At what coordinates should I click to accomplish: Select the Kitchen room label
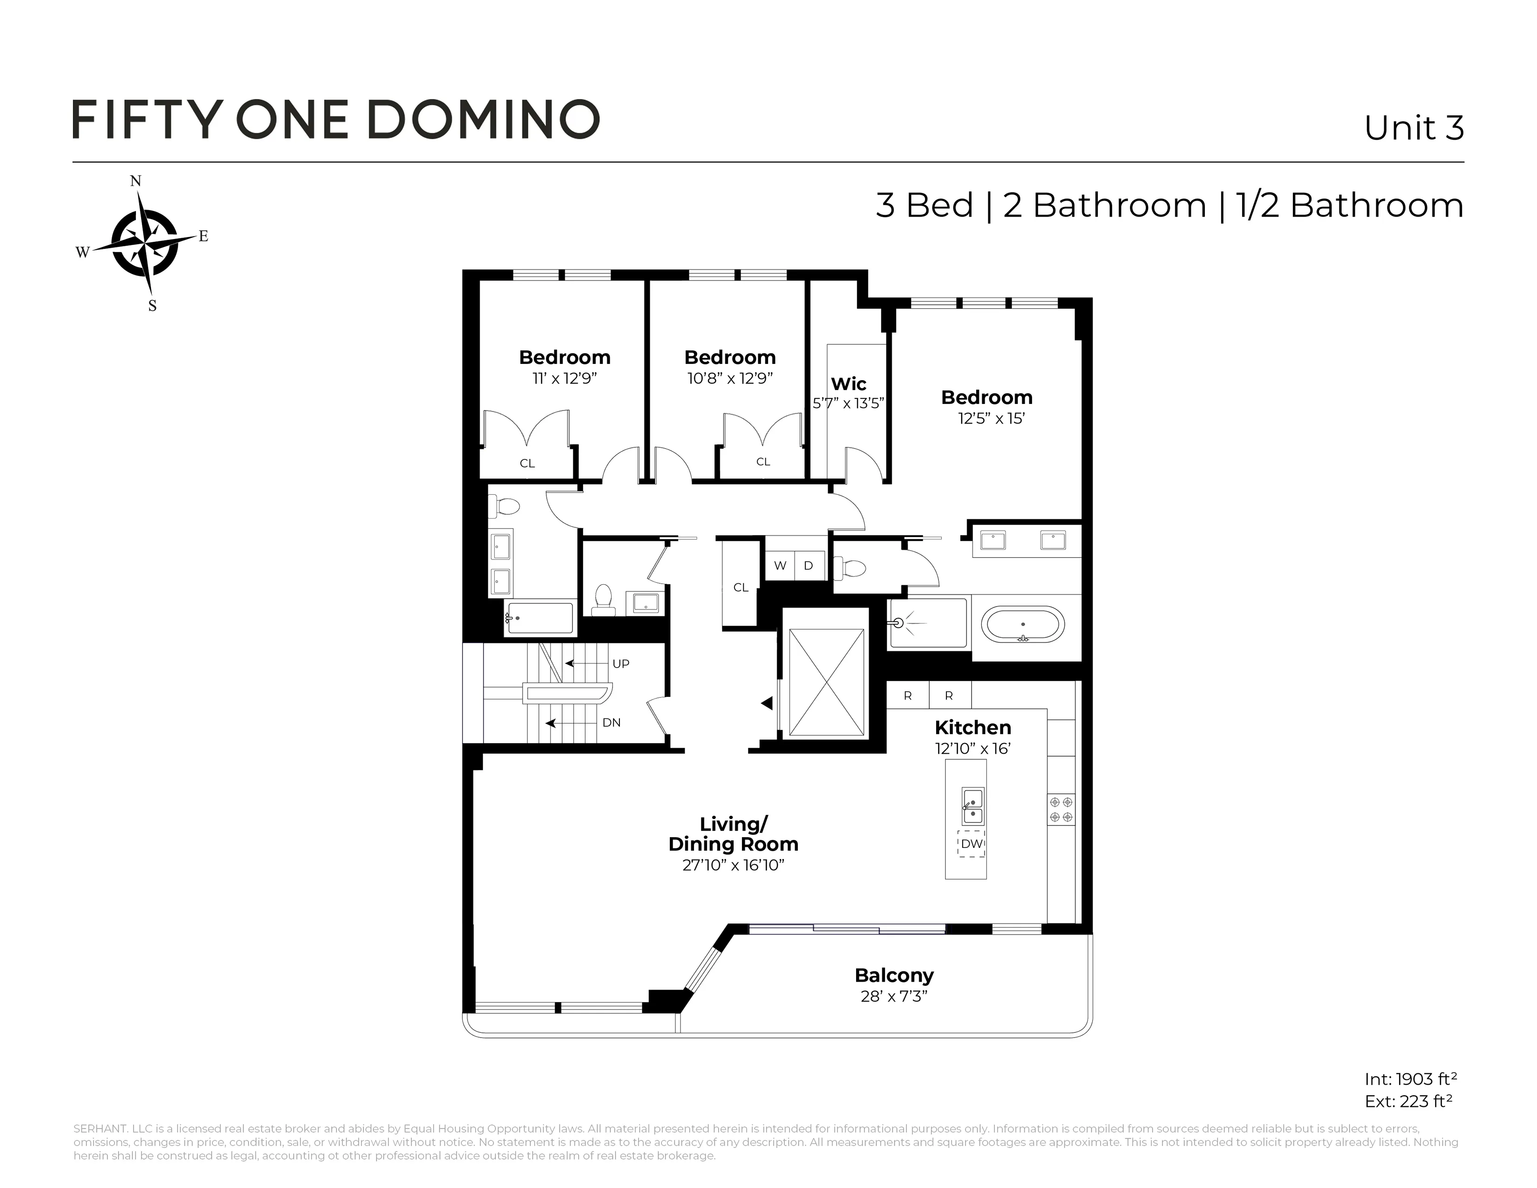pos(973,728)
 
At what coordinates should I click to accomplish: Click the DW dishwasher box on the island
pos(971,844)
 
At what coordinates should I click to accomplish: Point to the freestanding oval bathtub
pos(1022,624)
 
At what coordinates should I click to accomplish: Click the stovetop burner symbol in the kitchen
pos(1061,809)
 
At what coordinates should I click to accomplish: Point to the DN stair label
pos(612,723)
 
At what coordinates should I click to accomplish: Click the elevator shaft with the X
pos(826,683)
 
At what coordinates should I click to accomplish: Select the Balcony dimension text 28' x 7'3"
pos(894,997)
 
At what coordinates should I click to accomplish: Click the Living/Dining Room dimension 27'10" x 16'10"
pos(733,865)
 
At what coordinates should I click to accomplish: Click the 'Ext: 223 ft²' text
pos(1408,1101)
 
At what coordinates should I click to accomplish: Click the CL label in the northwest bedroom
pos(527,463)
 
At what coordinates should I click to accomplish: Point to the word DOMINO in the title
pos(483,120)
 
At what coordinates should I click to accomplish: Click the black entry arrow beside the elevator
pos(767,703)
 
